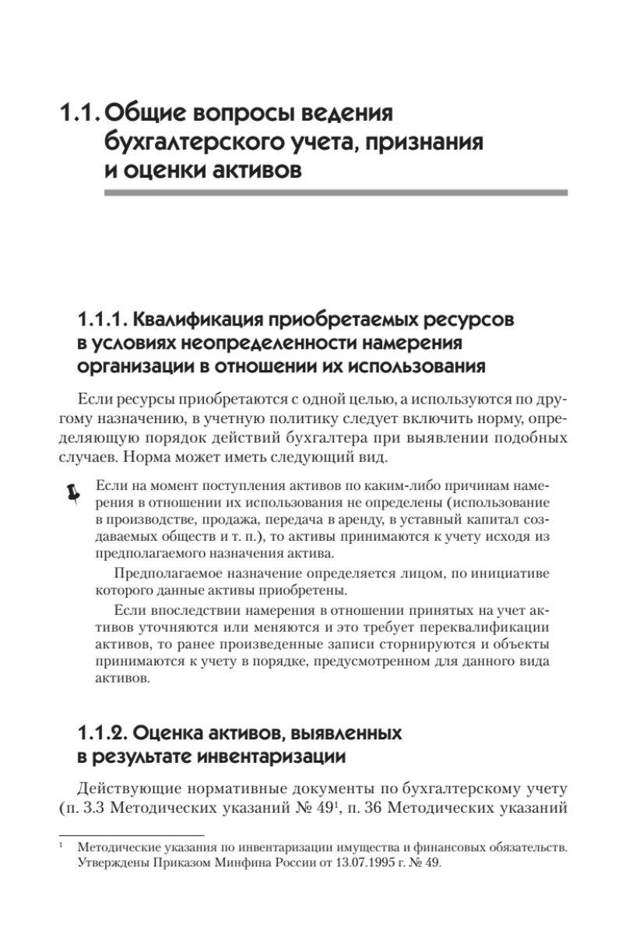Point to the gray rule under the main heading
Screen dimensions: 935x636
click(x=336, y=192)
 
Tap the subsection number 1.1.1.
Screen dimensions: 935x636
click(x=104, y=322)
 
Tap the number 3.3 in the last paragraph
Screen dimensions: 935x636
click(x=95, y=804)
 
